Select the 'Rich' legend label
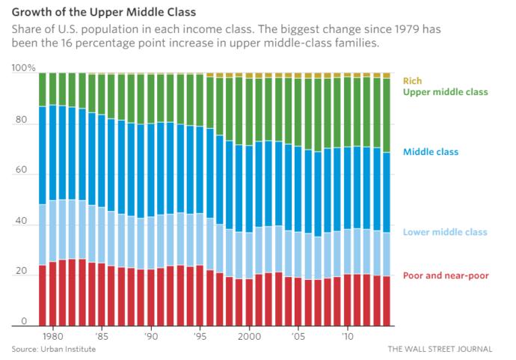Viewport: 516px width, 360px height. pyautogui.click(x=412, y=80)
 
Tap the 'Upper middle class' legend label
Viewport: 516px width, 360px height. pyautogui.click(x=445, y=91)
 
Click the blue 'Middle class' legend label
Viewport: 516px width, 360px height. pyautogui.click(x=430, y=152)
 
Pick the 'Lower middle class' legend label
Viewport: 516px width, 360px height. pyautogui.click(x=444, y=232)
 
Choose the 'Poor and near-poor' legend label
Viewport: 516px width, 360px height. pyautogui.click(x=446, y=275)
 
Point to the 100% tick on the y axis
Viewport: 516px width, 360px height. pyautogui.click(x=23, y=68)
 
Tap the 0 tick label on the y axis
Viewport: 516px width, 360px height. pyautogui.click(x=24, y=322)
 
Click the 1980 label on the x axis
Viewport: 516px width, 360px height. pyautogui.click(x=52, y=337)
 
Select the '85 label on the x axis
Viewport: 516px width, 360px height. pyautogui.click(x=102, y=337)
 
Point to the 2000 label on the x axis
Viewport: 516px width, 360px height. pyautogui.click(x=248, y=337)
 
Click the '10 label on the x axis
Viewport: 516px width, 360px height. pyautogui.click(x=346, y=337)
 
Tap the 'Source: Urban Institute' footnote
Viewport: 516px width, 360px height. pyautogui.click(x=54, y=349)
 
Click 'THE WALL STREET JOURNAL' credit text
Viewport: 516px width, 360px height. pyautogui.click(x=440, y=349)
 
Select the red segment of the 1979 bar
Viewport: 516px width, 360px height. pyautogui.click(x=43, y=296)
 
